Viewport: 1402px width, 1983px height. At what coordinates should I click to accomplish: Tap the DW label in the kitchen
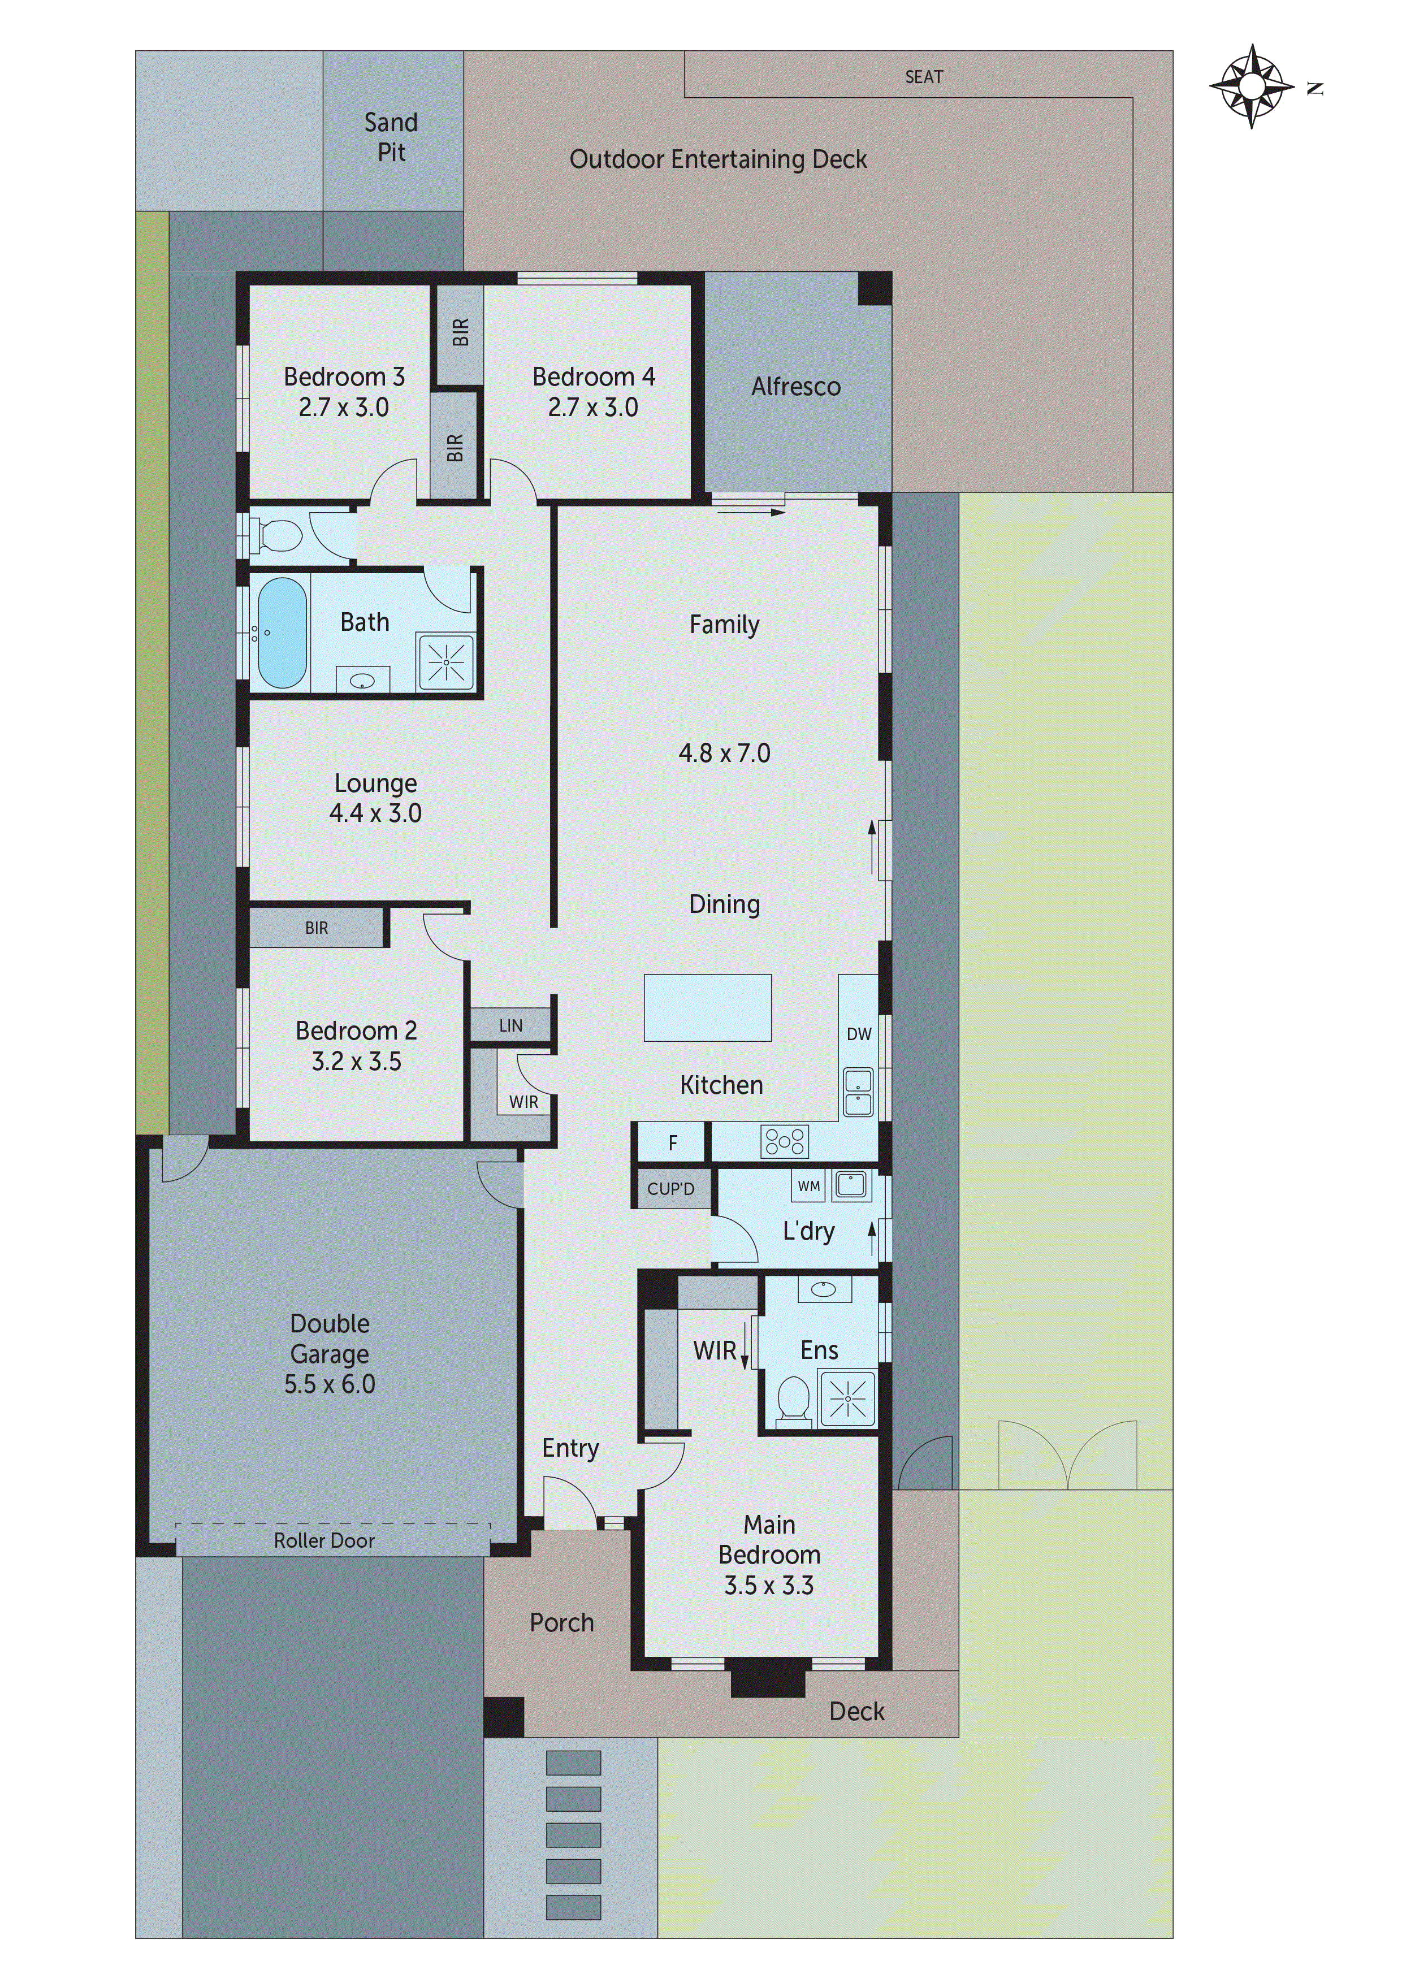(859, 1034)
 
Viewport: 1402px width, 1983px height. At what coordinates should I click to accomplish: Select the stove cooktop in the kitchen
(784, 1142)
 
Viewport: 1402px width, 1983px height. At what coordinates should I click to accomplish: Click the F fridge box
(672, 1144)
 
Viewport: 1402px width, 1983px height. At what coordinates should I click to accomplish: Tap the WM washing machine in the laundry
(808, 1186)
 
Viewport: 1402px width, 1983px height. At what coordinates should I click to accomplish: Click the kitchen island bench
(707, 1008)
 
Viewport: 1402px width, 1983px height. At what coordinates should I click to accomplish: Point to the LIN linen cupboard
(510, 1025)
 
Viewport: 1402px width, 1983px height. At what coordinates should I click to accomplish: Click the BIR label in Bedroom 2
(316, 928)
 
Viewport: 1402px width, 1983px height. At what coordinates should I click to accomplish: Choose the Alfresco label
(795, 386)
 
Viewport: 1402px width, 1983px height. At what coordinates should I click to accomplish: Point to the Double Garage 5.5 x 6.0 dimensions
(330, 1384)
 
